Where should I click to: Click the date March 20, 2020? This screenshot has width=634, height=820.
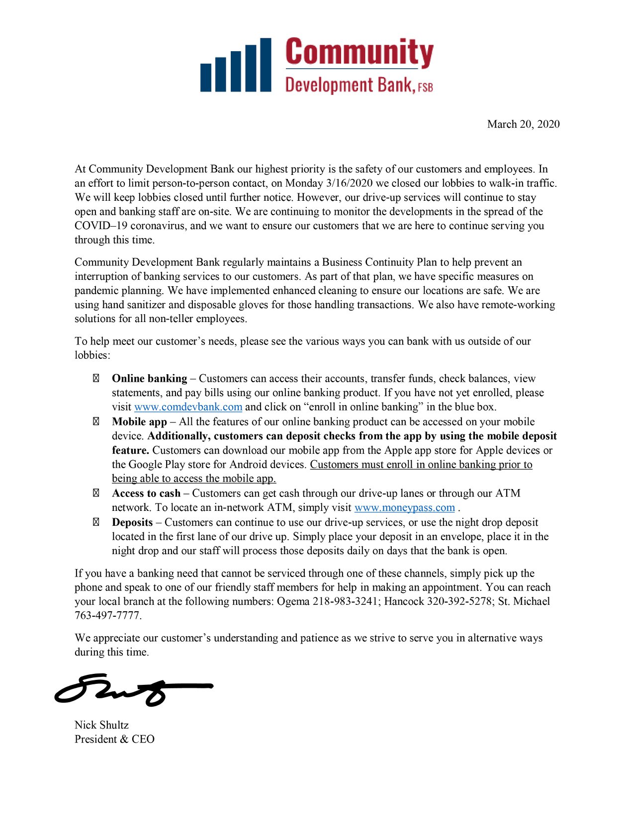pos(523,124)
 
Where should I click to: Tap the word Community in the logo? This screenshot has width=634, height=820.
pos(359,52)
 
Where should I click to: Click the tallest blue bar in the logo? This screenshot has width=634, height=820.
pos(266,65)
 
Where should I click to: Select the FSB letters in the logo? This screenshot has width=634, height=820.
pos(425,87)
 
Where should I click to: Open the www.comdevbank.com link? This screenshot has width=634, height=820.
pos(188,407)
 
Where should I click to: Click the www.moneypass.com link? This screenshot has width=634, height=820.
pos(404,508)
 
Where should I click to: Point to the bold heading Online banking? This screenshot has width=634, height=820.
pos(149,379)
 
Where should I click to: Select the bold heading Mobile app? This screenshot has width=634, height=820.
pos(139,422)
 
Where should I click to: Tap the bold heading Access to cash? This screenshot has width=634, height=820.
pos(146,493)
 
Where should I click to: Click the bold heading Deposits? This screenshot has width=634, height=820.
pos(132,522)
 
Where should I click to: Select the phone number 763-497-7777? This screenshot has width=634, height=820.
pos(107,616)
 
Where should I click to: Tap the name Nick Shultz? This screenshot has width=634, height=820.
pos(101,725)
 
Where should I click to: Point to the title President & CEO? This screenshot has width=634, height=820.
pos(114,739)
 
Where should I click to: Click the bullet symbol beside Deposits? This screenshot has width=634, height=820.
pos(96,522)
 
